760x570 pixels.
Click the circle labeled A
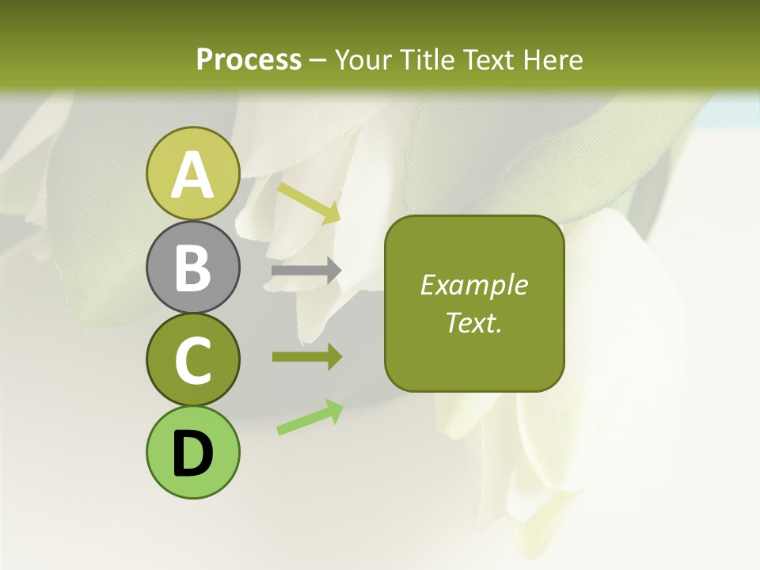(x=192, y=173)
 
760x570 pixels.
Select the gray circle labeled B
(x=192, y=267)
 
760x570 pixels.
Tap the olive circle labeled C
(x=192, y=360)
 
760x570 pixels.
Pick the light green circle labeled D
(x=192, y=453)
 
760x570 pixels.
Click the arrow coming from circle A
(x=309, y=203)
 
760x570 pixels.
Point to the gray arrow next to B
(x=306, y=271)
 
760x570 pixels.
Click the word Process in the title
(x=249, y=59)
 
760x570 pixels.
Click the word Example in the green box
(x=473, y=285)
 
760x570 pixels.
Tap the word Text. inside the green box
(x=473, y=322)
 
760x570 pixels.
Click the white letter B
(x=192, y=267)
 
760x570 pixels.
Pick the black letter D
(x=192, y=454)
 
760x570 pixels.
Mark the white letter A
(x=192, y=174)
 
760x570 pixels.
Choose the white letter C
(x=192, y=361)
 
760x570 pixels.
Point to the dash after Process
(x=317, y=60)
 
